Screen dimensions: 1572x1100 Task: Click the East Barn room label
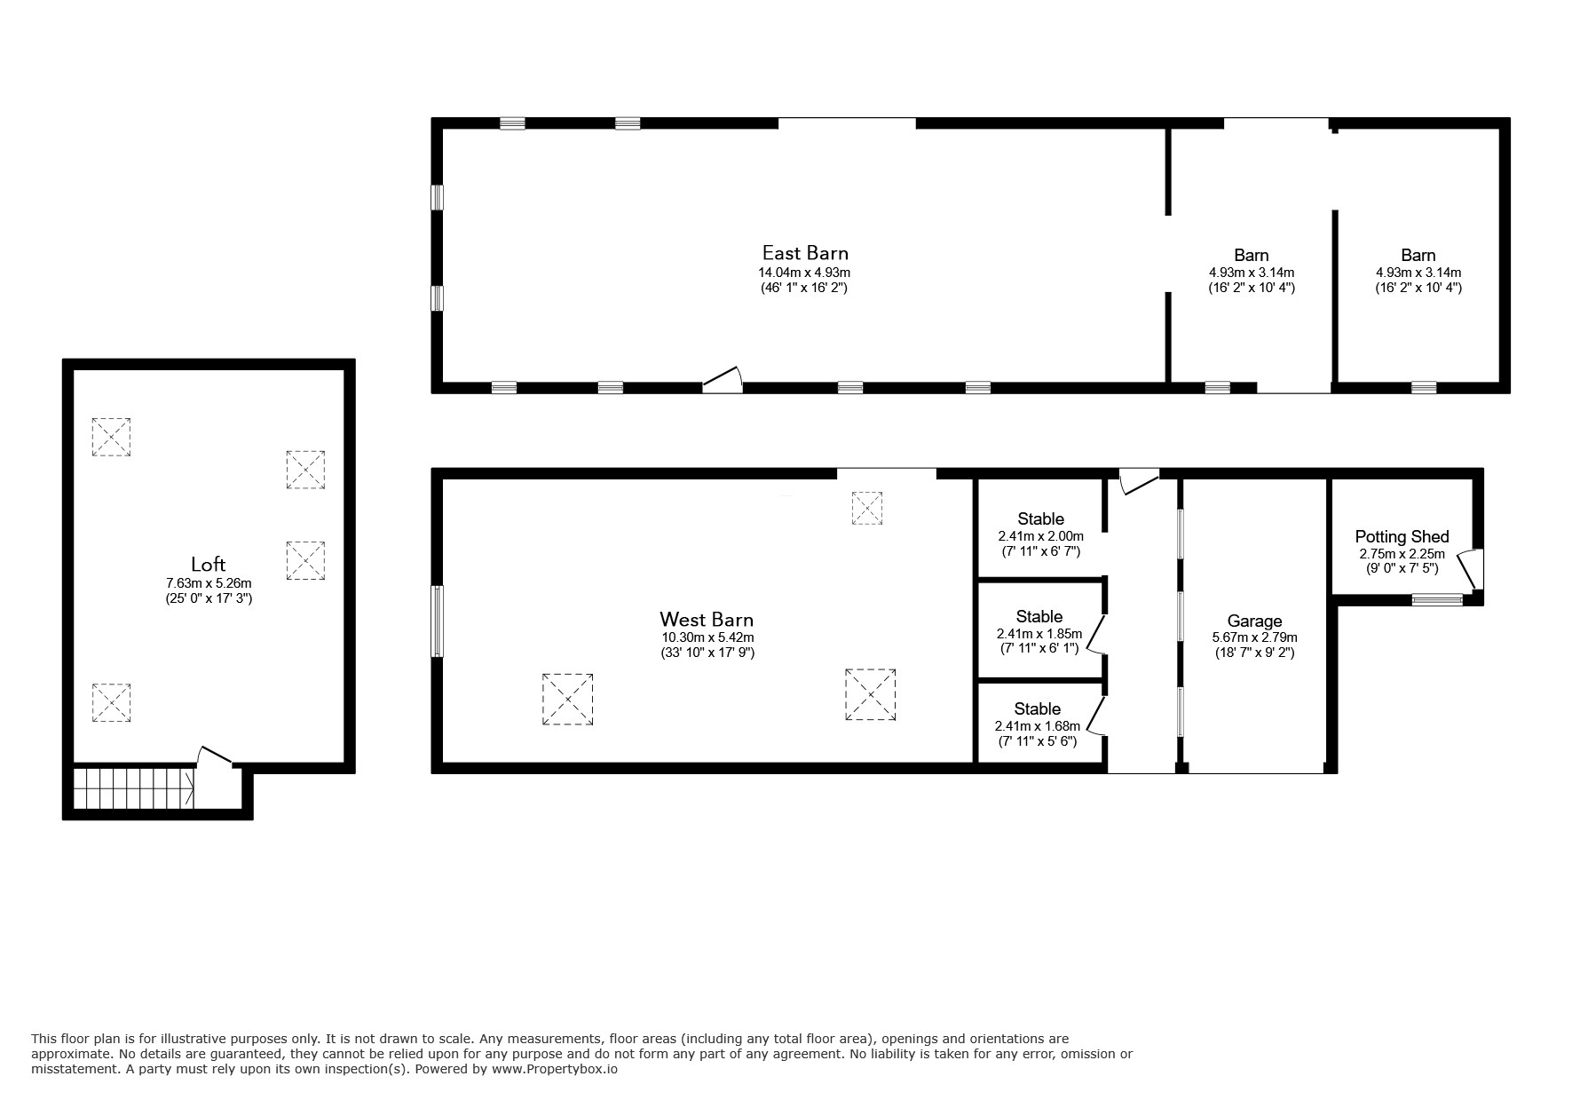(x=805, y=254)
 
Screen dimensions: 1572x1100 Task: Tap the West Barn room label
(x=707, y=619)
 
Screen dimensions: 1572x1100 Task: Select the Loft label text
(x=209, y=564)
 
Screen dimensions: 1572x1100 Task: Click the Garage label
(x=1254, y=621)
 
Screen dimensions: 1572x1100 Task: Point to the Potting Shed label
(x=1402, y=537)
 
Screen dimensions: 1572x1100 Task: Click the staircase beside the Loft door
(x=134, y=788)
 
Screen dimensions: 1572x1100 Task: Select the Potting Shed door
(x=1470, y=569)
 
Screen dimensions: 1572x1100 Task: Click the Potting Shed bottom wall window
(x=1437, y=599)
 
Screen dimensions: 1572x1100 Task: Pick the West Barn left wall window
(x=437, y=621)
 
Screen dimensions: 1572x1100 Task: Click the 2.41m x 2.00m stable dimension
(x=1040, y=536)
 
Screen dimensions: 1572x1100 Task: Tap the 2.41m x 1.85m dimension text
(x=1039, y=634)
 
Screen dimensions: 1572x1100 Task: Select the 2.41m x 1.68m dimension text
(x=1037, y=726)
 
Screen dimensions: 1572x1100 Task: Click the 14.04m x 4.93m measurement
(x=804, y=273)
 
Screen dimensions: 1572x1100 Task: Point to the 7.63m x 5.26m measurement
(x=209, y=583)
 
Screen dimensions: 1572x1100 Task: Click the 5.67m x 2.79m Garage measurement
(x=1254, y=637)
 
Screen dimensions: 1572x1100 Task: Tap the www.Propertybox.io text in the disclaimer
(x=554, y=1069)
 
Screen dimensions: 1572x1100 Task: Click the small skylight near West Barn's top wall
(x=867, y=508)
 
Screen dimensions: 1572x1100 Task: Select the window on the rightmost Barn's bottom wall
(x=1424, y=387)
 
